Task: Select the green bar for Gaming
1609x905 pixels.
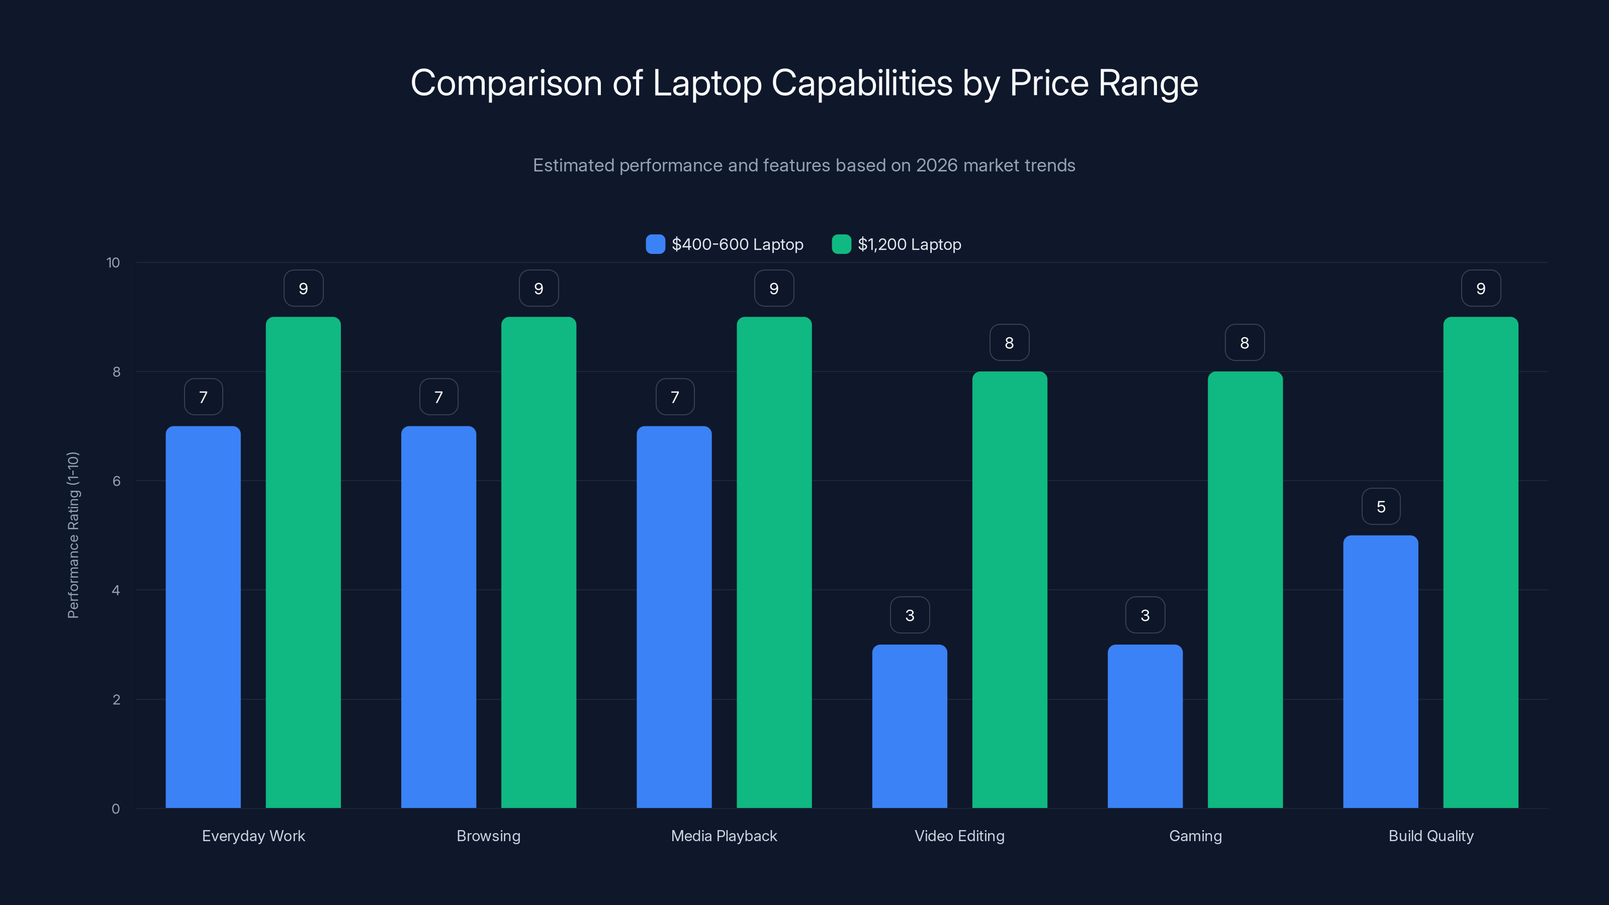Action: click(1245, 590)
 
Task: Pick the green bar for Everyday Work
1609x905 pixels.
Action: click(303, 562)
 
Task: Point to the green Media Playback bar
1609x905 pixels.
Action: click(774, 562)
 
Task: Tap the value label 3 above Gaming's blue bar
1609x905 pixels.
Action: click(1145, 615)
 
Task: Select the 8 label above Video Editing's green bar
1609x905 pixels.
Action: click(1009, 342)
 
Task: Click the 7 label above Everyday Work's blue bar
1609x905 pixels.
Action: click(203, 397)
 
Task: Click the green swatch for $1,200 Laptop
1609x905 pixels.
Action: click(841, 244)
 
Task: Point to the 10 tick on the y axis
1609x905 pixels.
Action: click(113, 262)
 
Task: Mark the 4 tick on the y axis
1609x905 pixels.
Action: click(116, 590)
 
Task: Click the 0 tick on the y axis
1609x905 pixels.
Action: click(116, 809)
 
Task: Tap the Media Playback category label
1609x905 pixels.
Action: click(724, 836)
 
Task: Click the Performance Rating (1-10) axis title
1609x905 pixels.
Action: click(73, 535)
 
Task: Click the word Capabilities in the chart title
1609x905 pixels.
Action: click(862, 82)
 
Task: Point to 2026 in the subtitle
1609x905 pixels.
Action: click(936, 165)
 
